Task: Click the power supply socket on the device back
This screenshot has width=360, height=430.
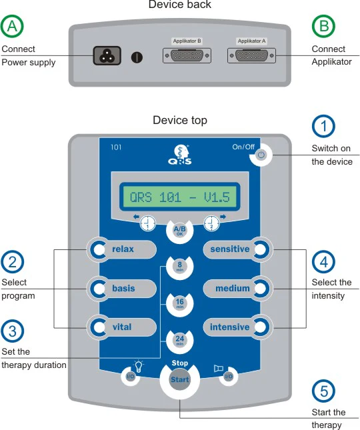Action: (x=107, y=56)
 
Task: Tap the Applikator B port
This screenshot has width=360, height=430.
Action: (x=187, y=56)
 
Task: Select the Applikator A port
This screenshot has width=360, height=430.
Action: (x=251, y=56)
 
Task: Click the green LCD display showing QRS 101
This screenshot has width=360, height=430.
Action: (x=180, y=197)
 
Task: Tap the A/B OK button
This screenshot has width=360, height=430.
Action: (x=180, y=231)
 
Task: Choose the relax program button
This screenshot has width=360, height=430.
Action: (x=121, y=249)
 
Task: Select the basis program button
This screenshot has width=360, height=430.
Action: (x=121, y=289)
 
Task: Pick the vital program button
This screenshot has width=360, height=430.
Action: (x=121, y=327)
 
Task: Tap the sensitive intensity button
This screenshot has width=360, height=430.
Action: (x=238, y=249)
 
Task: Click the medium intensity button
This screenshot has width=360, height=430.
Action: (x=238, y=289)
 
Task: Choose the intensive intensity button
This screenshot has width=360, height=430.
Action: (x=238, y=327)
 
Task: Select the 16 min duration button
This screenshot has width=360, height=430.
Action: (x=180, y=303)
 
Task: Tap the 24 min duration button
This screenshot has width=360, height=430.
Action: (x=180, y=340)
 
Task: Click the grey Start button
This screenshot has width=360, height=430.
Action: (x=180, y=379)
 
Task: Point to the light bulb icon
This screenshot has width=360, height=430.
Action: (x=139, y=366)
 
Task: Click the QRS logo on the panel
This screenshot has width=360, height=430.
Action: (x=180, y=155)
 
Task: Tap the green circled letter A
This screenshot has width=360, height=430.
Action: (x=12, y=26)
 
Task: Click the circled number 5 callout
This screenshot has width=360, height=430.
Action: (x=324, y=391)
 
